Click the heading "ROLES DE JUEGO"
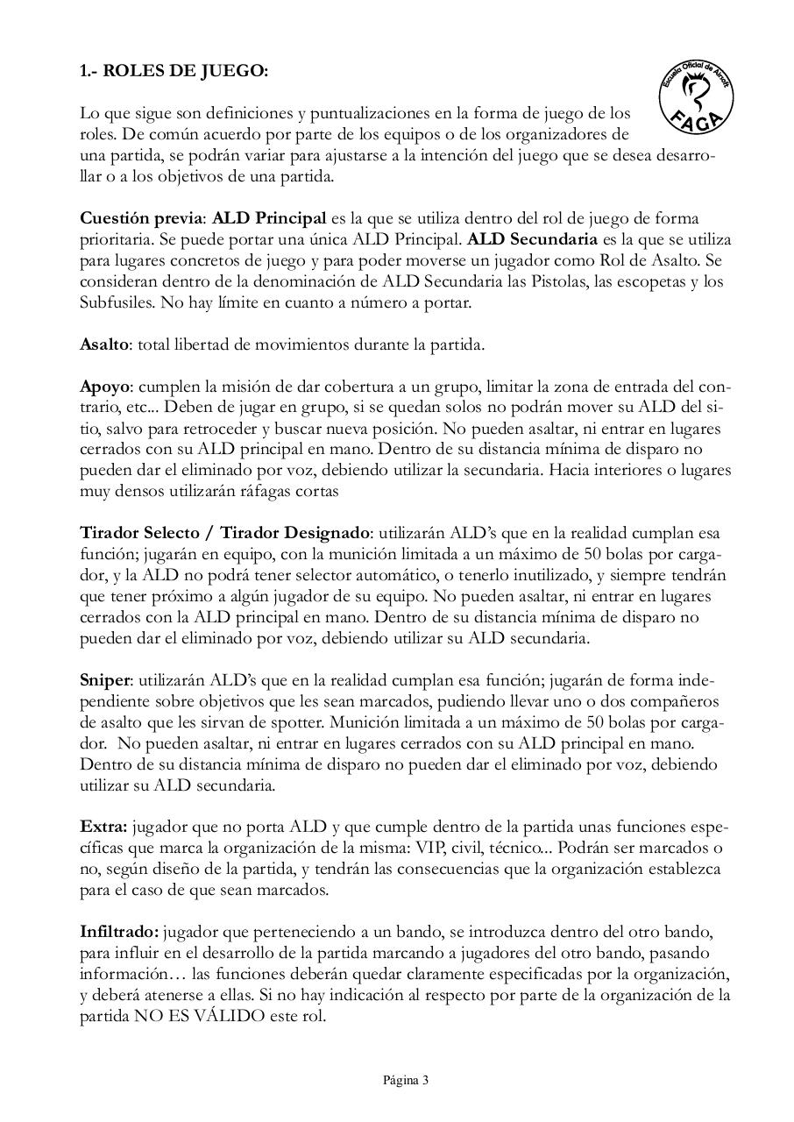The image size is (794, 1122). tap(185, 71)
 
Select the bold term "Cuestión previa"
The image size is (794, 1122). tap(142, 218)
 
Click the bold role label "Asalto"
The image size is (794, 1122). tap(104, 344)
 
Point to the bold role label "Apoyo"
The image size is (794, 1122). tap(104, 387)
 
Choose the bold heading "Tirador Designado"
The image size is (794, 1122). tap(295, 534)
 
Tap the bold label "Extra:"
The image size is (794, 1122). tap(104, 827)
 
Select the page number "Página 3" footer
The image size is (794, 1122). tap(406, 1080)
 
